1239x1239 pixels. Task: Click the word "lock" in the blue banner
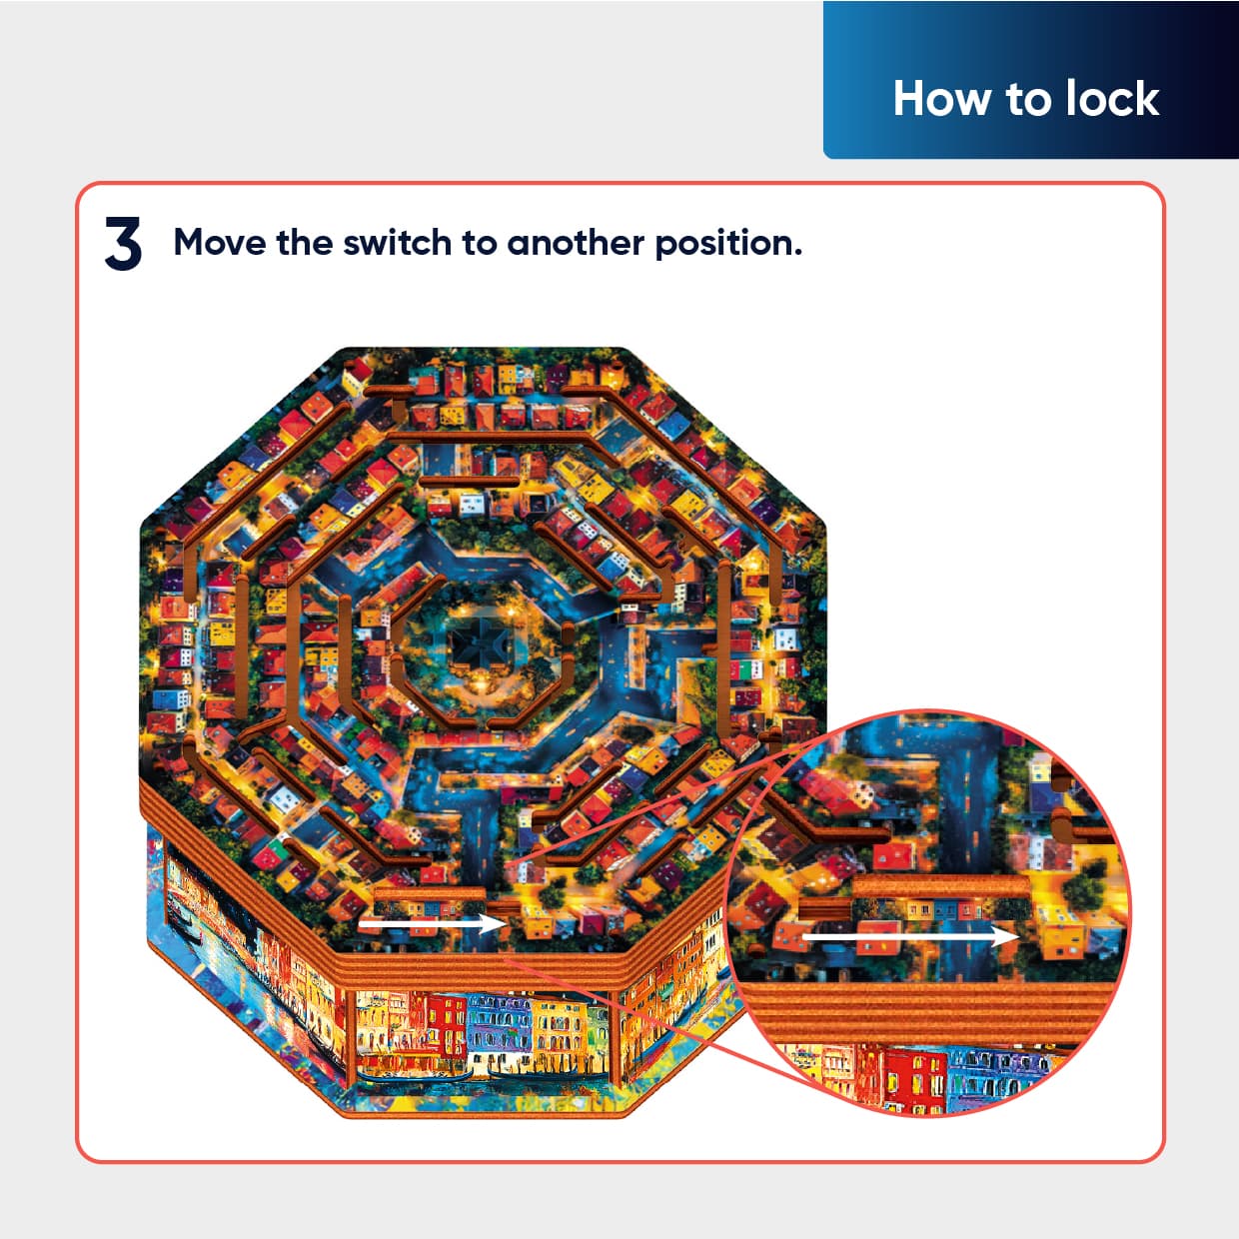pos(1112,99)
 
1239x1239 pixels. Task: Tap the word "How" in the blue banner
pos(941,99)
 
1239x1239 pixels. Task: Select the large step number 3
pos(123,243)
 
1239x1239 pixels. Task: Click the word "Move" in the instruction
pos(219,243)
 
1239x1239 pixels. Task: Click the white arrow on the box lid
pos(432,924)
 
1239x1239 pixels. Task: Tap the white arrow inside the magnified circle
pos(910,936)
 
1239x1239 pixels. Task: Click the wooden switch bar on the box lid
pos(430,893)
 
